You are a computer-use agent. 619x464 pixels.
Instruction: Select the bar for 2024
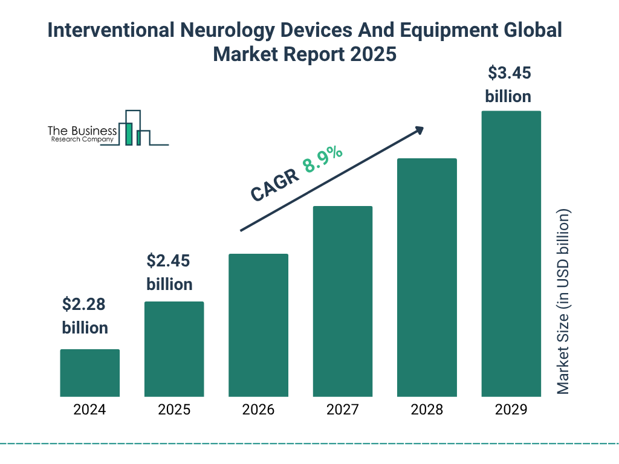[x=89, y=373]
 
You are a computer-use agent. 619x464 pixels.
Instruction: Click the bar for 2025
[x=174, y=349]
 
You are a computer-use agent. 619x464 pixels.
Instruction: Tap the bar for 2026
[x=258, y=325]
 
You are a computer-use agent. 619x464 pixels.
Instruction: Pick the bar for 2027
[x=342, y=301]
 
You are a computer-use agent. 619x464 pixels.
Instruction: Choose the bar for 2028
[x=427, y=277]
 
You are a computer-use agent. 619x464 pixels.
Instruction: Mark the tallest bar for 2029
[x=511, y=254]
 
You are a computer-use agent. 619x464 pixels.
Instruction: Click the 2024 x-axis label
[x=89, y=410]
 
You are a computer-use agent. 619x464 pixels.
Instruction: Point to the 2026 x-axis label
[x=258, y=410]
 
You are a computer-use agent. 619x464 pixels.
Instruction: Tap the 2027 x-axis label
[x=342, y=410]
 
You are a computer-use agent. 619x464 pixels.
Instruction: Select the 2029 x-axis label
[x=511, y=410]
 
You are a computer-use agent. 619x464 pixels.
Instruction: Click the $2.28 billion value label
[x=85, y=316]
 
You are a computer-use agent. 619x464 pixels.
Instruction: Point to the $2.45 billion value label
[x=169, y=272]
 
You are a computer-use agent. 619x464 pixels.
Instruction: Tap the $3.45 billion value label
[x=508, y=85]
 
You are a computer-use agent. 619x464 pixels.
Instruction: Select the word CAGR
[x=274, y=185]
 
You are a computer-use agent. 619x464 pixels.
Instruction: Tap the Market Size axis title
[x=563, y=301]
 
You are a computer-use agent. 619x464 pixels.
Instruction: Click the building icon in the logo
[x=134, y=128]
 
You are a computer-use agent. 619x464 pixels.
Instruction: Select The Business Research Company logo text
[x=82, y=134]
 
